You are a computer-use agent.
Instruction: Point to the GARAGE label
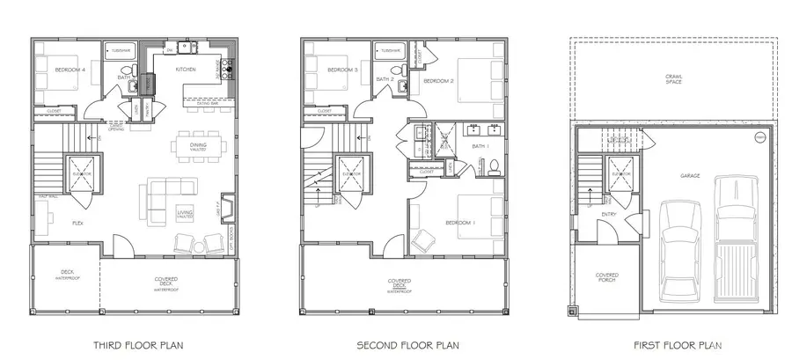(690, 175)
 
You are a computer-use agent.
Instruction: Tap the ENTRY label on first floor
(608, 214)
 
